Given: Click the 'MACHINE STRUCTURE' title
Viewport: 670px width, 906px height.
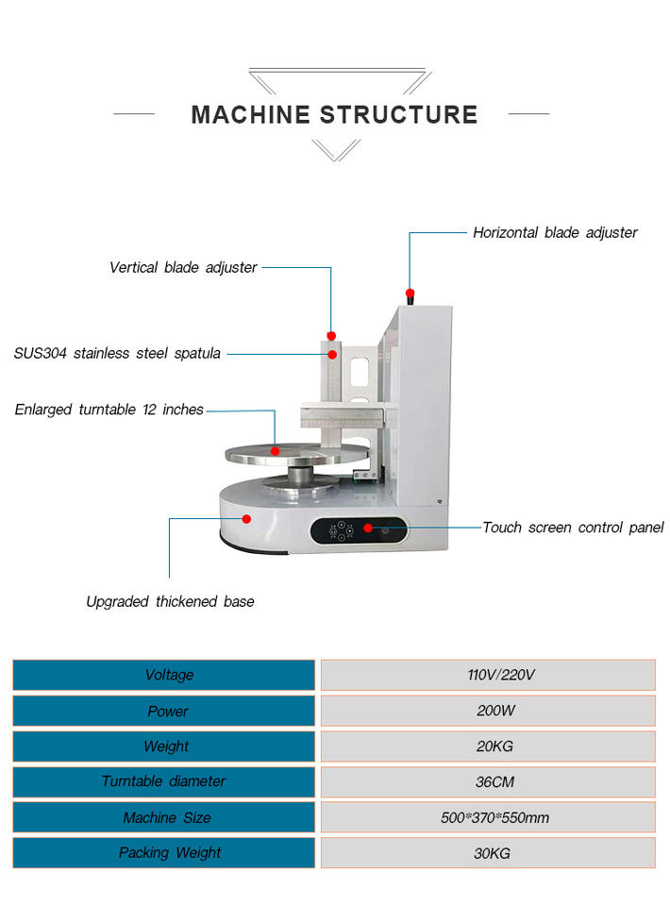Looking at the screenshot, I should pos(334,115).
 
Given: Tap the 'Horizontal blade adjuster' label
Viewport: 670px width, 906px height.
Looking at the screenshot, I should pos(555,232).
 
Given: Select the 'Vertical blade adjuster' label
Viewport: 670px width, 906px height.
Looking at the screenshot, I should pos(183,267).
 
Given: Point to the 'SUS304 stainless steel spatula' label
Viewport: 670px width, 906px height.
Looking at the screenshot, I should pos(117,354).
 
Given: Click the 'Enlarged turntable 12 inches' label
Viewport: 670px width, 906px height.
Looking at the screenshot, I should pos(109,410).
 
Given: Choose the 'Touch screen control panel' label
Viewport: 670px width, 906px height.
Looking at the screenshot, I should pos(573,528).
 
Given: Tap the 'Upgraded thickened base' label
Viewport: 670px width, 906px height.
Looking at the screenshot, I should pos(170,601).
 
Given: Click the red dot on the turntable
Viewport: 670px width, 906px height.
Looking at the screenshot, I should pos(275,451).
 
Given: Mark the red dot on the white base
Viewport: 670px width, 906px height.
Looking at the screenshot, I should pos(246,518).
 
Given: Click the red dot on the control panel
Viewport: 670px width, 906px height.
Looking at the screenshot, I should pos(368,528).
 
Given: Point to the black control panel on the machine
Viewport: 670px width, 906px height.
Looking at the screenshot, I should pos(360,531).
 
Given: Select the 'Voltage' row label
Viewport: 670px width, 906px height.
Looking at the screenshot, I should pos(164,675).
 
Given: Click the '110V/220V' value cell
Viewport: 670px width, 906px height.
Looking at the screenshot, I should pos(488,675).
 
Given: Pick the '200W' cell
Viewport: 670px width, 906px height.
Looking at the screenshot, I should pos(488,711).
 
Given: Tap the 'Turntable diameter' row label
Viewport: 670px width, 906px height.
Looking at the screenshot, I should pos(164,781).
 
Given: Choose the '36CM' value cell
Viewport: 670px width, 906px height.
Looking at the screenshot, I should pos(488,781).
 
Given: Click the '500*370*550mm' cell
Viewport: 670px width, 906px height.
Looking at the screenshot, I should pos(488,817).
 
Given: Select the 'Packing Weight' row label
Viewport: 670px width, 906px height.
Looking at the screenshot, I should pos(164,852).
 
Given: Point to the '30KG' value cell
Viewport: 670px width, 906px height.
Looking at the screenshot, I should pos(488,852).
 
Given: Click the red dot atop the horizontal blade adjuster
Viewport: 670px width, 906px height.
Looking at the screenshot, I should pos(410,294).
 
